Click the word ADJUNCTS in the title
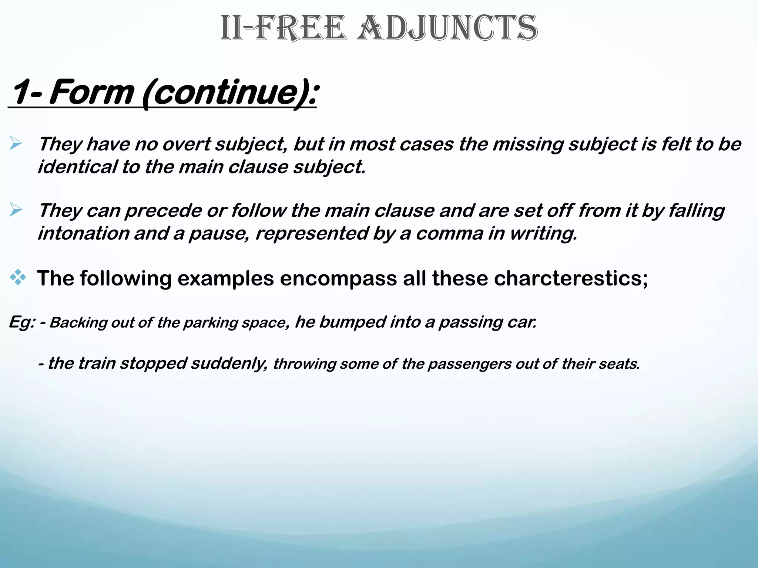click(447, 28)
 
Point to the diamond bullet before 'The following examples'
click(18, 277)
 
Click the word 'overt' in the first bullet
click(187, 144)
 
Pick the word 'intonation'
click(83, 233)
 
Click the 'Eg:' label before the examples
click(21, 322)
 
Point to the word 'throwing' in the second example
click(304, 364)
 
